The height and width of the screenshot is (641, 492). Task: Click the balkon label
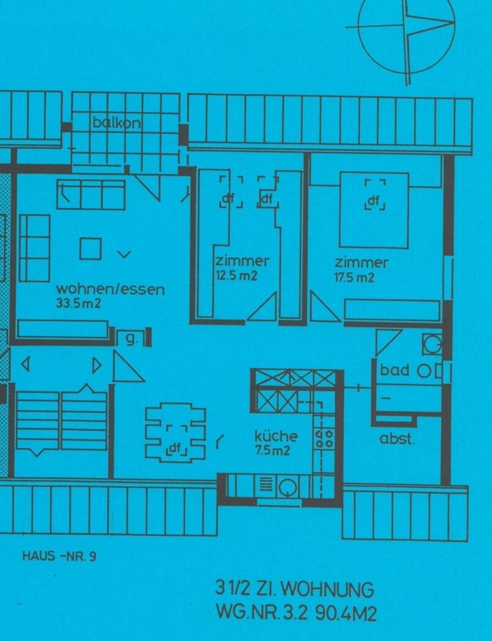(116, 122)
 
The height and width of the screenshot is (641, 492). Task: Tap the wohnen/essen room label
(110, 289)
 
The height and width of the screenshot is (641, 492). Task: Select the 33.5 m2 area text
(78, 304)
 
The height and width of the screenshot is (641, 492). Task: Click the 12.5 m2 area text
(237, 276)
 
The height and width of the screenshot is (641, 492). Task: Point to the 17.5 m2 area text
(354, 278)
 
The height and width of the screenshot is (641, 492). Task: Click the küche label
(276, 436)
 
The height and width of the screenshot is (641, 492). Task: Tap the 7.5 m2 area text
(272, 451)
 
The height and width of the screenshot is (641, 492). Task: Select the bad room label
(394, 370)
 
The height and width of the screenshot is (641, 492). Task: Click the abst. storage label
(397, 439)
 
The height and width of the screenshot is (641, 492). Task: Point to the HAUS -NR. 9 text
(59, 556)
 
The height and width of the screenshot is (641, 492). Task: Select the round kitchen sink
(289, 486)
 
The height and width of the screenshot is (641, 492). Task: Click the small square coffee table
(90, 249)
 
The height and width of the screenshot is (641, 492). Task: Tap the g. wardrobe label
(131, 339)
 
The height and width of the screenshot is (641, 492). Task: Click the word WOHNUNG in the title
(327, 590)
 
